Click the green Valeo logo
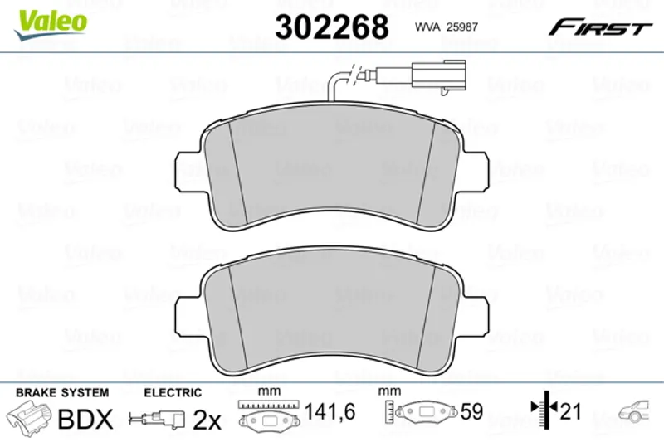pyautogui.click(x=51, y=24)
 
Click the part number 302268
pyautogui.click(x=331, y=27)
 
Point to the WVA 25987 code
pyautogui.click(x=447, y=27)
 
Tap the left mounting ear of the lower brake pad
pyautogui.click(x=187, y=314)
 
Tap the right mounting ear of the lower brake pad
pyautogui.click(x=476, y=314)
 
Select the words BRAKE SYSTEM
pyautogui.click(x=62, y=393)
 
